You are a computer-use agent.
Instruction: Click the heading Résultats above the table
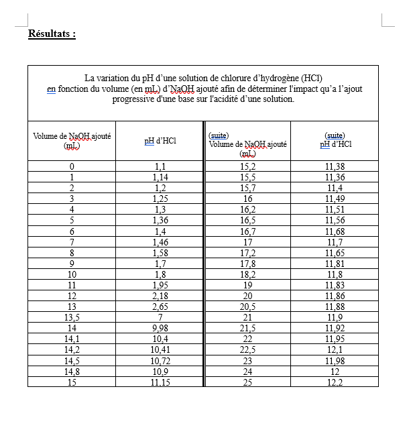tap(52, 34)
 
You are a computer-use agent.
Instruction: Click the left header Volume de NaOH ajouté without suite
tap(72, 140)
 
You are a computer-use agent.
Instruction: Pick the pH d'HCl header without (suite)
tap(160, 141)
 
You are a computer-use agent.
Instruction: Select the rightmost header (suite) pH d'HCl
tap(334, 140)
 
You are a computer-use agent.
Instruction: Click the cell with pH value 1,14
tap(160, 177)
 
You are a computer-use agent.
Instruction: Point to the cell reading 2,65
tap(160, 306)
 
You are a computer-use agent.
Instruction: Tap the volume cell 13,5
tap(72, 317)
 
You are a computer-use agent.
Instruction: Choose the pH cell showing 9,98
tap(160, 327)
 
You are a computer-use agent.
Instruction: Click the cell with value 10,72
tap(160, 360)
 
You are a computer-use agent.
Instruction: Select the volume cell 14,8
tap(72, 371)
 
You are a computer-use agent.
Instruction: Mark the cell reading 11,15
tap(160, 382)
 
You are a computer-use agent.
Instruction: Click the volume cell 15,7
tap(247, 188)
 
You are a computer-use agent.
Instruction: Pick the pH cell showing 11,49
tap(335, 199)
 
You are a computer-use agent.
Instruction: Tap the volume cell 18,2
tap(247, 274)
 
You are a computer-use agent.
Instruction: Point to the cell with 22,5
tap(247, 349)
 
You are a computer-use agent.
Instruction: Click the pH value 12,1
tap(335, 349)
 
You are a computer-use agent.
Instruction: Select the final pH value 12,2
tap(335, 382)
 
